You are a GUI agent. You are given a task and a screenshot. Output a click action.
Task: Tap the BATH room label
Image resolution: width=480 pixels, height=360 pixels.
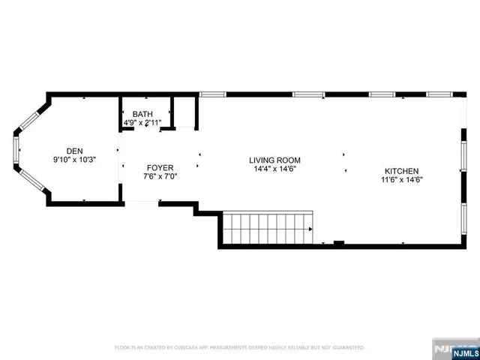[x=142, y=113]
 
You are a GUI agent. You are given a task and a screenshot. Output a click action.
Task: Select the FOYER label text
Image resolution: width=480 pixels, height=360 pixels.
[x=160, y=167]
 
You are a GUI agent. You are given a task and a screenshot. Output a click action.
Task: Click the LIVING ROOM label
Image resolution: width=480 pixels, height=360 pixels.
[x=274, y=160]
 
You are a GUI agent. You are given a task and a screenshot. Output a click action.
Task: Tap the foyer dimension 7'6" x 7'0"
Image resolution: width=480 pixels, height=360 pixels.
[x=160, y=177]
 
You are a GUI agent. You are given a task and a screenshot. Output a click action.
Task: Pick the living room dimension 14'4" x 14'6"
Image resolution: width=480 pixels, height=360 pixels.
[x=274, y=169]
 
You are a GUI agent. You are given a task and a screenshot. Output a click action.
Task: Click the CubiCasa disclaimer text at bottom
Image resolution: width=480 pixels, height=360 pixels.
[x=239, y=347]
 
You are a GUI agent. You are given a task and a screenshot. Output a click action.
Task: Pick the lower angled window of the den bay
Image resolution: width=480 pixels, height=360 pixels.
[x=31, y=180]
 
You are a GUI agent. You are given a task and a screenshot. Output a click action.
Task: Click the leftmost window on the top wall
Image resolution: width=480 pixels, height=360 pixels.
[x=212, y=94]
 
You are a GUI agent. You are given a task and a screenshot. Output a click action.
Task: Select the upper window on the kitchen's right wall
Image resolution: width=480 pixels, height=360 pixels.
[x=463, y=160]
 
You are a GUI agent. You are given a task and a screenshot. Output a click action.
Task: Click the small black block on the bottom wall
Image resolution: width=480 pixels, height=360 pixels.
[x=338, y=242]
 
